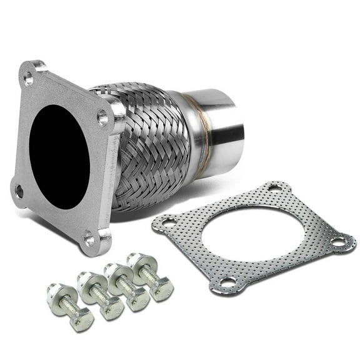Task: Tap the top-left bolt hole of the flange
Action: point(28,78)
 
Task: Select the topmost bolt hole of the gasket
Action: point(272,187)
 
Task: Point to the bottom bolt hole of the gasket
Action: point(227,282)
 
